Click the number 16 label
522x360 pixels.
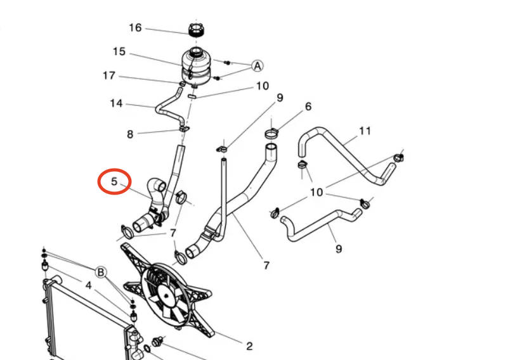point(135,28)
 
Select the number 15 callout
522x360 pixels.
point(119,52)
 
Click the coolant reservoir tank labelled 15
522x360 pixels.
point(197,63)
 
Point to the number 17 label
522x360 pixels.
point(109,76)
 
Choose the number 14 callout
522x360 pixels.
point(116,103)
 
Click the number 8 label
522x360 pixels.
point(130,134)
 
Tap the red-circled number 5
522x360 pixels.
point(114,181)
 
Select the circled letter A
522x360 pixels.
point(258,66)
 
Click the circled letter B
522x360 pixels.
point(101,273)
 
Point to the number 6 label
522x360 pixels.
point(308,106)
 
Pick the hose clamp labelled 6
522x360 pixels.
point(271,134)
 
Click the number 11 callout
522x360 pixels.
point(364,131)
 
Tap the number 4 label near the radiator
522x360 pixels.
point(89,286)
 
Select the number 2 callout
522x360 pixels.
point(249,346)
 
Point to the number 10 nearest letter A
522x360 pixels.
point(262,86)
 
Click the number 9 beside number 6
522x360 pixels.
point(279,98)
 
